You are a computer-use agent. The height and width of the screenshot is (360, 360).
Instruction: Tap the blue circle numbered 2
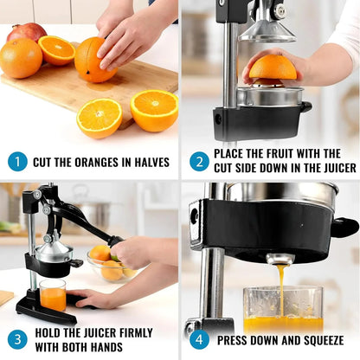[198, 161]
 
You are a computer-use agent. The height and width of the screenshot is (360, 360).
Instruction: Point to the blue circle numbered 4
[198, 339]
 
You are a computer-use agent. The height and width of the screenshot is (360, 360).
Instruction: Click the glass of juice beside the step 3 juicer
[53, 295]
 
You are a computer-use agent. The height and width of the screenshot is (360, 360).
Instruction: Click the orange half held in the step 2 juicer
[273, 69]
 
